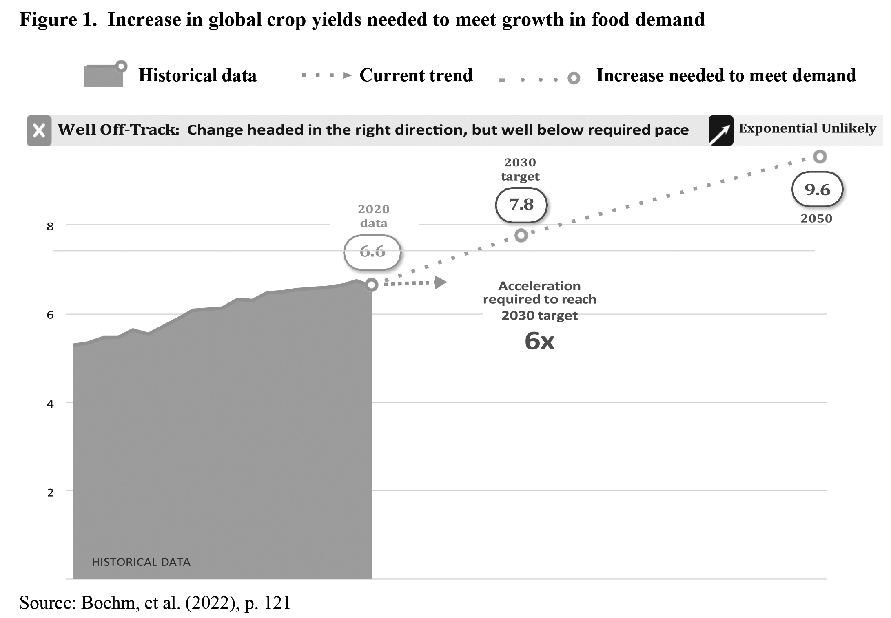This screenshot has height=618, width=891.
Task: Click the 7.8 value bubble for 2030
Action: (521, 205)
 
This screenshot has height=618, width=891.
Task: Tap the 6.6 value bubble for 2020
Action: (372, 252)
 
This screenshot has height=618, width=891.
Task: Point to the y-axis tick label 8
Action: (50, 227)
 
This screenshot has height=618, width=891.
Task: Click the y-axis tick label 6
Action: (50, 315)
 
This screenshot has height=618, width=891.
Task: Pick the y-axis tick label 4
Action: (50, 404)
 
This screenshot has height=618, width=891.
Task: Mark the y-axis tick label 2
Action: (50, 492)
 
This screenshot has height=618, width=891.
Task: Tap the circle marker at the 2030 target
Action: (521, 235)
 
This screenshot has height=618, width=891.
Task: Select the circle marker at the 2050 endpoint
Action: (820, 157)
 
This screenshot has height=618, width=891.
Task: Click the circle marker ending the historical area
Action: (371, 285)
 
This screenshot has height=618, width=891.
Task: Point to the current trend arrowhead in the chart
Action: (440, 282)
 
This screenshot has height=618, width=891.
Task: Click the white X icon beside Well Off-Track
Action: (39, 131)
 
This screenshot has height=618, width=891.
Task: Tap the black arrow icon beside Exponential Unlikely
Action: (720, 131)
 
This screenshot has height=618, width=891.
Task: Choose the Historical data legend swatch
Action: (104, 75)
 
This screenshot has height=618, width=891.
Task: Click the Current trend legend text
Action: (416, 75)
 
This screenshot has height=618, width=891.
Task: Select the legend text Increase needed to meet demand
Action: (726, 75)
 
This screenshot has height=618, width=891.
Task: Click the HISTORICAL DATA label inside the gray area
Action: (141, 562)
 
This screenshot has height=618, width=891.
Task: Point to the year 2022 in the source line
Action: (213, 603)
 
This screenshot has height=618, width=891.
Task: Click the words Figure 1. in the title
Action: (58, 20)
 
